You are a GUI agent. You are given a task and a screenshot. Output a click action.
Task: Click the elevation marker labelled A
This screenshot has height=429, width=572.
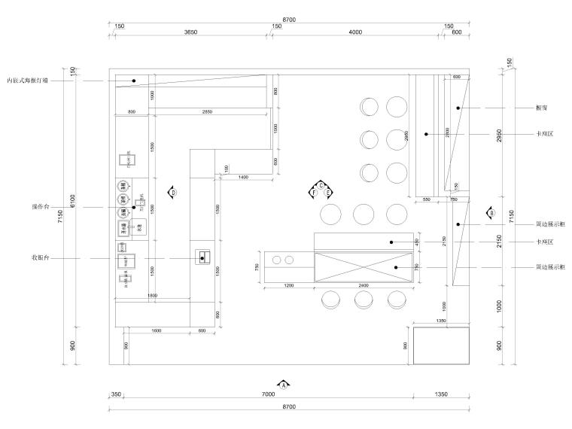tap(284, 384)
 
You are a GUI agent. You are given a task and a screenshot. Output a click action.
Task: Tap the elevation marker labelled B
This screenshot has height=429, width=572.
tap(491, 213)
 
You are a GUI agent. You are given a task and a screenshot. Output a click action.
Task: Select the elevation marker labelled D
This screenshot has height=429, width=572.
tap(172, 193)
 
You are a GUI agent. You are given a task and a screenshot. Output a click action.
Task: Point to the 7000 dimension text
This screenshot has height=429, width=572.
tap(268, 394)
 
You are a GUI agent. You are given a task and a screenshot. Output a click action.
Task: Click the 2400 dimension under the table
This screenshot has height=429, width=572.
tap(364, 287)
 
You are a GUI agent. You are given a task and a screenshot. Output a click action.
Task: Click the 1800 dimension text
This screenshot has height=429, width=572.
tap(152, 296)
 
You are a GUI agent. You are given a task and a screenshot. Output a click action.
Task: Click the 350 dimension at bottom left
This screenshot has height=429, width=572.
tap(116, 394)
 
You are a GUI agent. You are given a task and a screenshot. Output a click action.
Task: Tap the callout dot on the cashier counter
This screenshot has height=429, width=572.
tap(202, 258)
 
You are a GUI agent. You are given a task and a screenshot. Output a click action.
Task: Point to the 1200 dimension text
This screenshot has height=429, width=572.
tap(288, 287)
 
